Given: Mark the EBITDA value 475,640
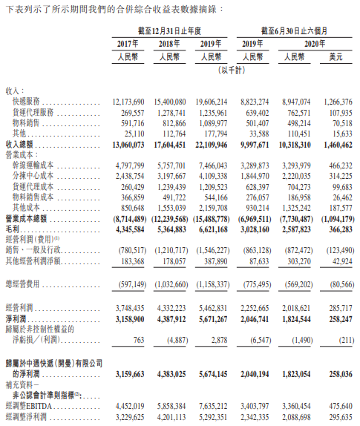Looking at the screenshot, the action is click(x=341, y=407).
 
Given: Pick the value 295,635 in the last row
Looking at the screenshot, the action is click(x=341, y=417).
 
